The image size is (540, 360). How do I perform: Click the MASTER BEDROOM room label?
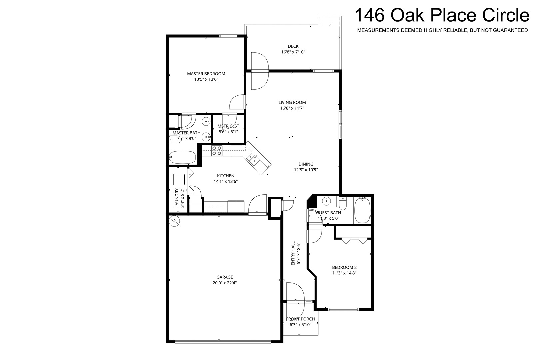point(206,74)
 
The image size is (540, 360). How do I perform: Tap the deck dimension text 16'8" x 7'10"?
point(293,52)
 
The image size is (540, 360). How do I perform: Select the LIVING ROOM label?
point(292,102)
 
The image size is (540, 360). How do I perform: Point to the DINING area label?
point(306,164)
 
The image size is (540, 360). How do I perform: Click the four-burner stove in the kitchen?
point(217,150)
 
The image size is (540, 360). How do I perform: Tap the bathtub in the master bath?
point(182,157)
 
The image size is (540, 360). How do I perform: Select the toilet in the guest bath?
point(343,204)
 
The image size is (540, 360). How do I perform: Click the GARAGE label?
point(225,277)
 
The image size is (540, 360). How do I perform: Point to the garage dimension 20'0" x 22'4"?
point(225,283)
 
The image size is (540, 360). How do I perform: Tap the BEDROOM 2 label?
point(344,267)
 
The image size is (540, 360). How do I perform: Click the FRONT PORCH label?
point(300,319)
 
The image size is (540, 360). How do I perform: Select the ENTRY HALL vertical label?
point(293,253)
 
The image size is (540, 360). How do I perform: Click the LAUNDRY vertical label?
point(177,198)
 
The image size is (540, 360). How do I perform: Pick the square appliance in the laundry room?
point(179,179)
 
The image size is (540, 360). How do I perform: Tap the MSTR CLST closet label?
point(228,126)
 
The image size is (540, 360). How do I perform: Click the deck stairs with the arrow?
point(330,21)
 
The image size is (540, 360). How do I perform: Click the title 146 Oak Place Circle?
point(442,15)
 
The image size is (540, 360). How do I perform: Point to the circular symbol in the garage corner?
point(174,221)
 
